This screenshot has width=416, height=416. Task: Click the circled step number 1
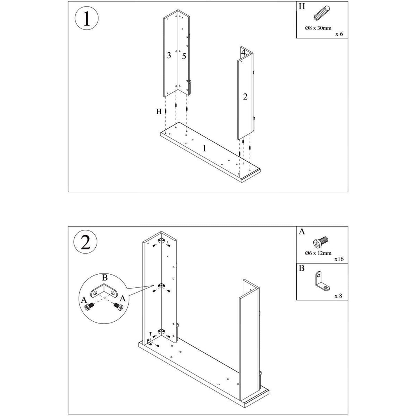point(87,18)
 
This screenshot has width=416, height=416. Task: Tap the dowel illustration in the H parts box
point(322,13)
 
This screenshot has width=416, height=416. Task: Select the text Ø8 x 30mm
point(318,28)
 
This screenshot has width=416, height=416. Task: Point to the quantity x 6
point(339,34)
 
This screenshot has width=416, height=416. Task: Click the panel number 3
point(169,55)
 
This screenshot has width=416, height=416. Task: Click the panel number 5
point(184,57)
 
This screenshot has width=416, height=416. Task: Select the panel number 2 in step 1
point(245,97)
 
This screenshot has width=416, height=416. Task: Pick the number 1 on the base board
point(204,149)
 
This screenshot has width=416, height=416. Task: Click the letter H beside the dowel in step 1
point(159,111)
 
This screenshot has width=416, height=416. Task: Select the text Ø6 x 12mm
point(318,253)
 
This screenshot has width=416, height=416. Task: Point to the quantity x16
point(339,259)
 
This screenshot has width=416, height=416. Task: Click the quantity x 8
point(338,296)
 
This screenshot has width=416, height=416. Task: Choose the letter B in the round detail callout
point(105,277)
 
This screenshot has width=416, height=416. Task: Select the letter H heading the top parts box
point(302,6)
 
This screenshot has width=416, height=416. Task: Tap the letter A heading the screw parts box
point(302,232)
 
